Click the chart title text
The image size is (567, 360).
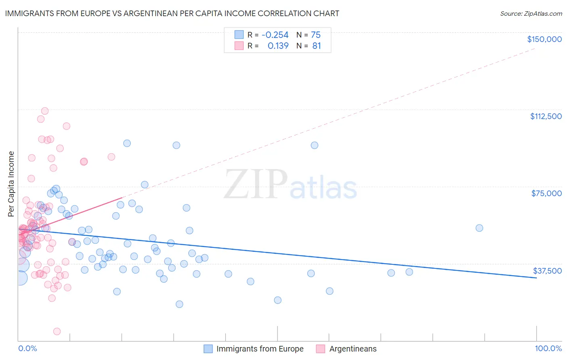tap(172, 13)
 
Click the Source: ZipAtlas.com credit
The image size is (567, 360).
tap(531, 13)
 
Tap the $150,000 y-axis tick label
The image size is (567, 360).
tap(544, 39)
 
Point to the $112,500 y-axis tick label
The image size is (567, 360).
tap(546, 116)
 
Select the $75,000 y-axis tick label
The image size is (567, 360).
tap(546, 193)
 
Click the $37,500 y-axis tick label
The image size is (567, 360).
tap(547, 271)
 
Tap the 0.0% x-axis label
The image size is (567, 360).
tap(27, 348)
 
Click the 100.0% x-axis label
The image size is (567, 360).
tap(548, 348)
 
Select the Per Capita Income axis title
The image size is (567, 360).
tap(11, 184)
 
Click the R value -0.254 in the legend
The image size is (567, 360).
tap(275, 35)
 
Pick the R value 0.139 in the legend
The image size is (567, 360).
tap(278, 46)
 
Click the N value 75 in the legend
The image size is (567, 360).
tap(315, 35)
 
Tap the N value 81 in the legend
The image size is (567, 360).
tap(316, 46)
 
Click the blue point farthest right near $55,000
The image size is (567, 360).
tap(479, 228)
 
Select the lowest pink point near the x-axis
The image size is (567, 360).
tap(57, 331)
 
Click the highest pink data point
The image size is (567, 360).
tap(45, 111)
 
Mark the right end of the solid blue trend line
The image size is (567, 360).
tap(536, 278)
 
